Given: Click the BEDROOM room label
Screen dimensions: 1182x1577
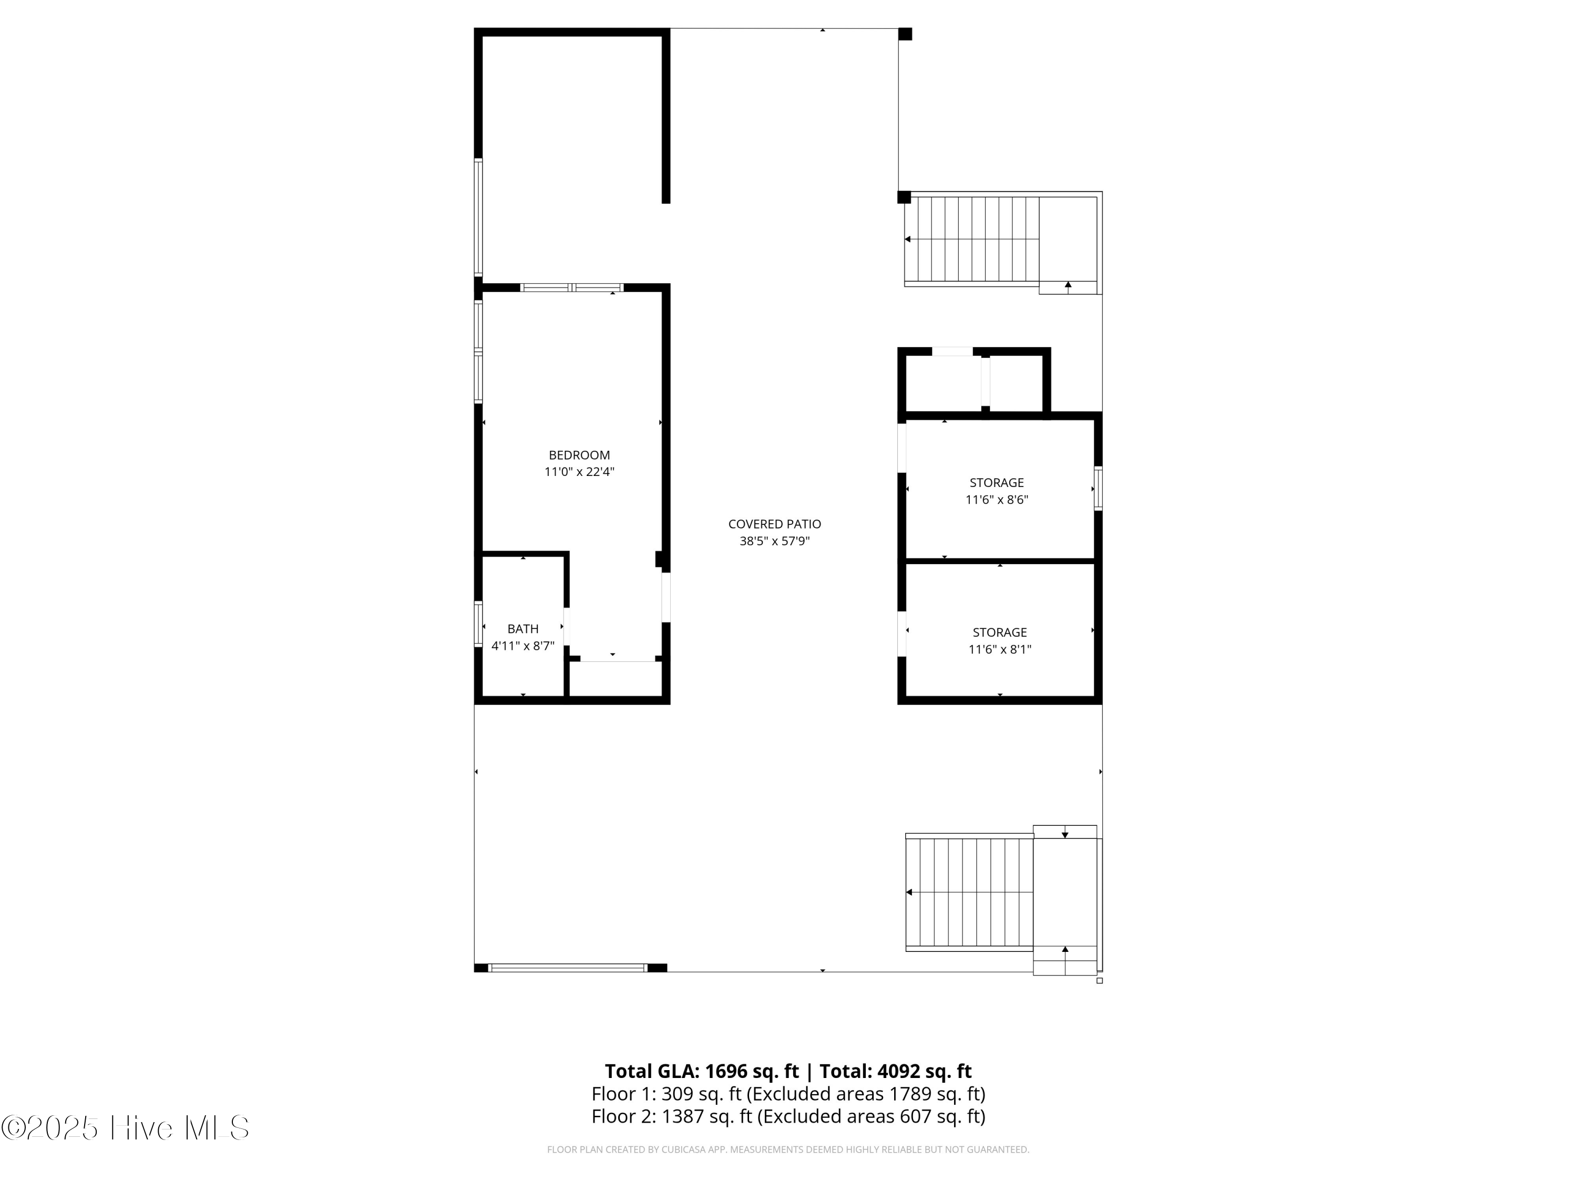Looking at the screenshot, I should [x=579, y=454].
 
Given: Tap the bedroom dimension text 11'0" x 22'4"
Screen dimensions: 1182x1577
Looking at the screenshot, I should [x=579, y=472].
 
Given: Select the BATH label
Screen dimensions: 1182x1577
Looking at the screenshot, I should [x=523, y=628].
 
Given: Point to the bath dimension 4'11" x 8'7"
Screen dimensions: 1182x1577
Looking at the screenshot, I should [x=523, y=646].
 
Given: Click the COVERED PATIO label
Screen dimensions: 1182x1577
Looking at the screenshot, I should [x=774, y=524].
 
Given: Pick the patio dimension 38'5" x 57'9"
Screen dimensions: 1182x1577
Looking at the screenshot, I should [x=774, y=541].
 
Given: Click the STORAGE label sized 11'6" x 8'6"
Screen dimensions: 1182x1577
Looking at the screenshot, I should [x=996, y=482].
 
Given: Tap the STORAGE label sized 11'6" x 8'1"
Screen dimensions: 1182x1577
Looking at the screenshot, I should [x=999, y=632].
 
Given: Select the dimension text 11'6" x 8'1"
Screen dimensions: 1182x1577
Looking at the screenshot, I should [x=999, y=649].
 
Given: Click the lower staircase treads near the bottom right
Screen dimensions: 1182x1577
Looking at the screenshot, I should [x=969, y=892].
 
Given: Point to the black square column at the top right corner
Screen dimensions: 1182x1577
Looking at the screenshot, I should [x=905, y=34].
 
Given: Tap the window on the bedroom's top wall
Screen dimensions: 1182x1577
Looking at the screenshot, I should [x=572, y=288].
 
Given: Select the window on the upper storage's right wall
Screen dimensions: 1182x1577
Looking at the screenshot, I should [x=1098, y=488].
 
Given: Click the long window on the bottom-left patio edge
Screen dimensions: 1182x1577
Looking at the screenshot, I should [x=568, y=968].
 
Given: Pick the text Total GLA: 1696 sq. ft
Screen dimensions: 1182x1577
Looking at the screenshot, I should [x=702, y=1071].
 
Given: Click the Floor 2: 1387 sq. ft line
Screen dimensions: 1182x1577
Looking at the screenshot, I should [x=788, y=1116].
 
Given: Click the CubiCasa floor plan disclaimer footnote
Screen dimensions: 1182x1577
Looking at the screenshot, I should [x=788, y=1149].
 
